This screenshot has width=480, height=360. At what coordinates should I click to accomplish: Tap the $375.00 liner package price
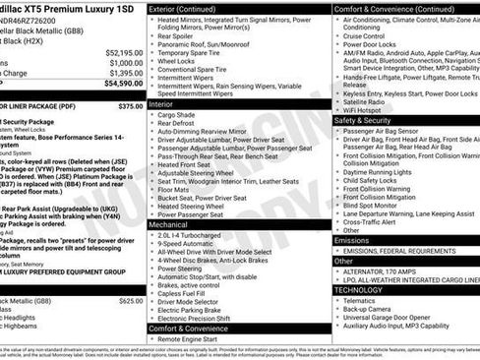130,105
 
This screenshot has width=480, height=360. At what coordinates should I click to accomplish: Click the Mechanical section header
170,224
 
